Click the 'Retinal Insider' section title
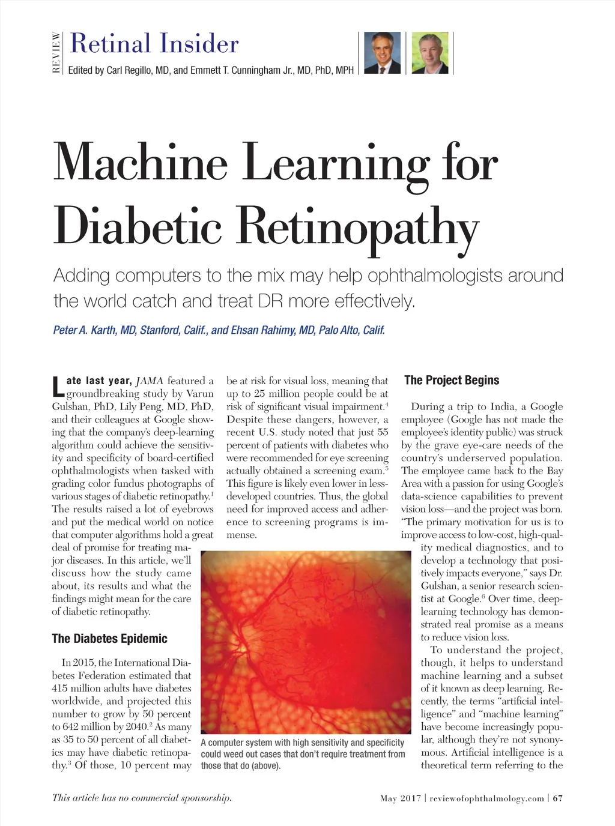click(154, 44)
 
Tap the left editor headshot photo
click(383, 53)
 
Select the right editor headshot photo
click(429, 53)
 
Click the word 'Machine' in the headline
click(141, 163)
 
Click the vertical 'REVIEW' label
click(56, 53)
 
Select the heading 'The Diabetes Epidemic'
click(109, 639)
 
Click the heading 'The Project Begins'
click(452, 381)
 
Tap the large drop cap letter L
click(58, 387)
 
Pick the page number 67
click(558, 798)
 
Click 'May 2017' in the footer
click(401, 798)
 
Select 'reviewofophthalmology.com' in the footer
click(487, 798)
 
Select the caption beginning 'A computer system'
click(303, 753)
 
